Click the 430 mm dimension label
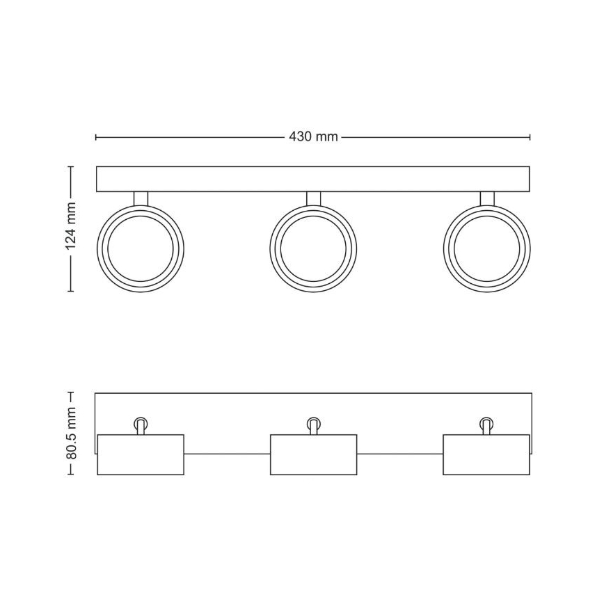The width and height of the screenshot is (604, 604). [313, 137]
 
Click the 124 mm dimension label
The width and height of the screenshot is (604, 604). [70, 229]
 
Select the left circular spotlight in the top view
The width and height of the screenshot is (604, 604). [141, 248]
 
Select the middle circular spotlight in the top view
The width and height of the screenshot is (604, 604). [313, 248]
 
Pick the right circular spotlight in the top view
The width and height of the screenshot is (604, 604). [486, 248]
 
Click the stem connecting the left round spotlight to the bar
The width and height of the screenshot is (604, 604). [141, 198]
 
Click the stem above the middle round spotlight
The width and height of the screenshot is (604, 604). [313, 198]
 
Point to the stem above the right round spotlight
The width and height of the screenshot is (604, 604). [486, 198]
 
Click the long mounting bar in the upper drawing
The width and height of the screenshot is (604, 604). [313, 179]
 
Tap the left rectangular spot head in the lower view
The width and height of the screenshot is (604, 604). [141, 455]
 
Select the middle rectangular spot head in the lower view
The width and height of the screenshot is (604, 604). [313, 455]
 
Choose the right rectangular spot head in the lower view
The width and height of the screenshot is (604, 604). [486, 455]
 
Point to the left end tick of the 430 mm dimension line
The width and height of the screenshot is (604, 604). [96, 137]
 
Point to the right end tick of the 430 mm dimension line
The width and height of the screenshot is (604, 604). [530, 137]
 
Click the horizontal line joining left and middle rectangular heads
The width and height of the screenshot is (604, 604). [227, 454]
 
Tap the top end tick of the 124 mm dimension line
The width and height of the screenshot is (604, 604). [70, 166]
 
